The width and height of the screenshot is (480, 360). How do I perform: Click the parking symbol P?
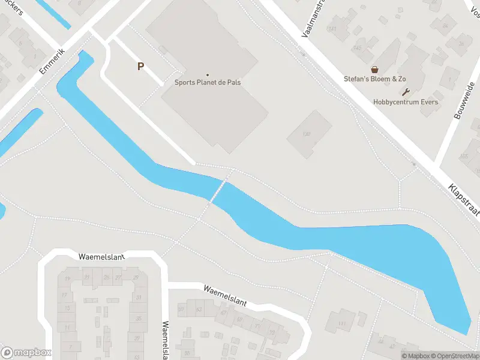(x=140, y=67)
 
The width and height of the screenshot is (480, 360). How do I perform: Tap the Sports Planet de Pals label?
(x=208, y=82)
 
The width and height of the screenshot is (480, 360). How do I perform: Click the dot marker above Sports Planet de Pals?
(x=208, y=74)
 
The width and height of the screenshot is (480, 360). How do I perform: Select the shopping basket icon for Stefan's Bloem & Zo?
(x=375, y=70)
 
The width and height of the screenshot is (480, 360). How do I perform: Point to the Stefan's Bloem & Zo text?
(x=375, y=79)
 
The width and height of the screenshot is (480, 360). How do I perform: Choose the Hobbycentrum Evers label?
(x=406, y=102)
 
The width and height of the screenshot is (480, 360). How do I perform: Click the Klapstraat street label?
(x=464, y=197)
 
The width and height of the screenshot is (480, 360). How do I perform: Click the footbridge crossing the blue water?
(x=218, y=191)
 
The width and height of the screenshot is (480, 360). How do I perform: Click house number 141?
(x=331, y=29)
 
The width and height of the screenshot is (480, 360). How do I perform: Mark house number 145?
(x=341, y=48)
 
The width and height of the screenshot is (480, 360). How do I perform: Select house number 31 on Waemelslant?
(x=139, y=298)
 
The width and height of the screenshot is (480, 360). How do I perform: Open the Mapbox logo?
(x=26, y=352)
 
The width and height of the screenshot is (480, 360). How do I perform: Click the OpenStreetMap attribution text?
(x=452, y=356)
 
